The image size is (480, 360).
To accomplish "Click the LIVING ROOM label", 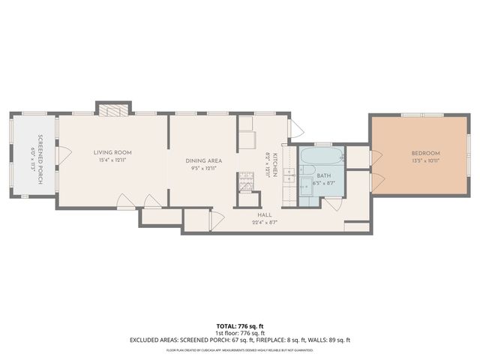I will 113,152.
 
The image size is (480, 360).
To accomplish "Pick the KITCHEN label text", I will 275,163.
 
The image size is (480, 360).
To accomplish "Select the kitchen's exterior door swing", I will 295,128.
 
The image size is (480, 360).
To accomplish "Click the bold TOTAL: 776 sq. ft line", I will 238,325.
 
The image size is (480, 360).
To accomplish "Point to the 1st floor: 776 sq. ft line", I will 238,333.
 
